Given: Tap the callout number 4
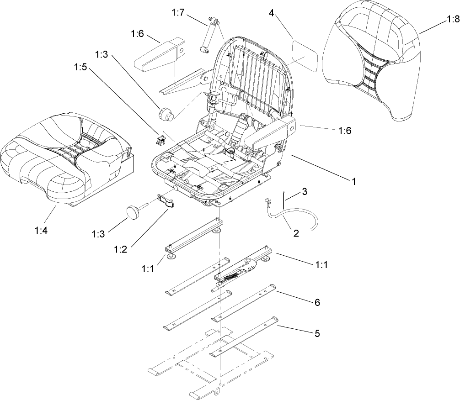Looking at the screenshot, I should (272, 13).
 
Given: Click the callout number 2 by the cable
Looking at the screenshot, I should (296, 233).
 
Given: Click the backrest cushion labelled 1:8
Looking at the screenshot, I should (370, 64).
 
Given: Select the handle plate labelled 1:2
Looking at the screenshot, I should (167, 201).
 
